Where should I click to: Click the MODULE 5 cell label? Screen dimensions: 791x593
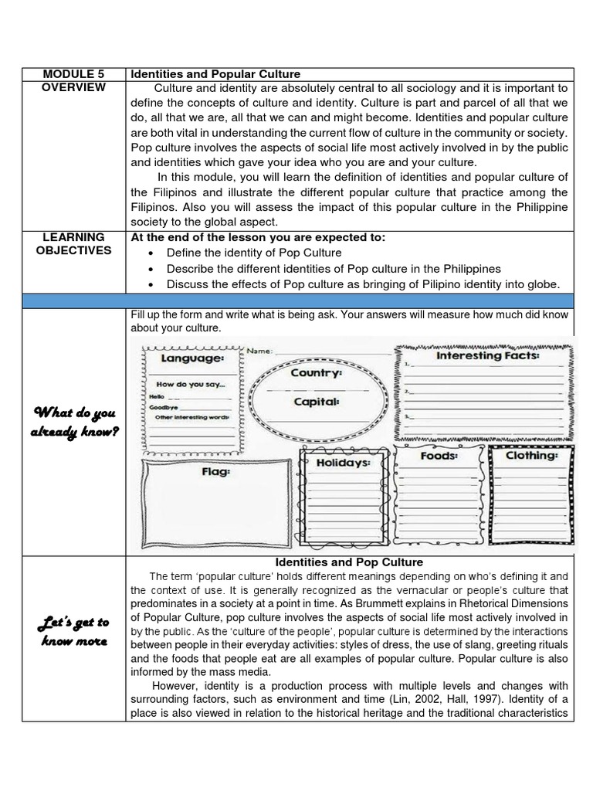pos(74,74)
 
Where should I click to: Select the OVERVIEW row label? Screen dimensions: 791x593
pos(74,88)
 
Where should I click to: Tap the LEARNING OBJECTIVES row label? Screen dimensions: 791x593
pos(74,243)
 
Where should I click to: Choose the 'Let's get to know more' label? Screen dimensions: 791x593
pos(74,631)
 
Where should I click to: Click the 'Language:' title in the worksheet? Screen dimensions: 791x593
pos(192,358)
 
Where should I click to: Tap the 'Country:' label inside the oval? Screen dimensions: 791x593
pos(316,372)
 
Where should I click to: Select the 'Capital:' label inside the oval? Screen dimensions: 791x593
pos(316,402)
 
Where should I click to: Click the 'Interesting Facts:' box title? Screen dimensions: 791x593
pos(488,356)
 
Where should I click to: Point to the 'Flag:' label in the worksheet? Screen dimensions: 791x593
pos(213,470)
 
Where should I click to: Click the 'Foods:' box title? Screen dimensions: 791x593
pos(439,456)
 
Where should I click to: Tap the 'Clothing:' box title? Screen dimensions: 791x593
pos(532,456)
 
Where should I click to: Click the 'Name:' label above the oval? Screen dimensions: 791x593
pos(260,351)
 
